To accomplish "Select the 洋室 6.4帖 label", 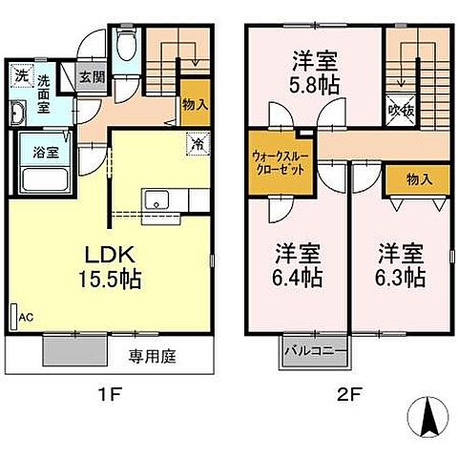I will (298, 266).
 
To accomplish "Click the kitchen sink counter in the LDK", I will (157, 200).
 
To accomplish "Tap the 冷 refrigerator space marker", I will (194, 146).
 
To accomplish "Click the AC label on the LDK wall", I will (26, 318).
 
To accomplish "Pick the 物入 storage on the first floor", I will (195, 104).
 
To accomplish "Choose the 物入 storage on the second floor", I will (417, 177).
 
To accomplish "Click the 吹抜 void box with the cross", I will (400, 110).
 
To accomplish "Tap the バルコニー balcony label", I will (314, 352).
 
